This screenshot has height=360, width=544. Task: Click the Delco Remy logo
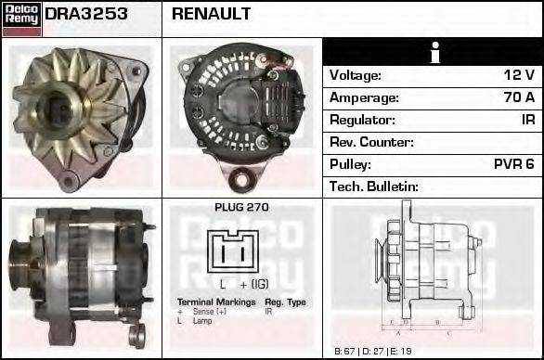(x=21, y=18)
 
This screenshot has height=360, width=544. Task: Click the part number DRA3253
(x=86, y=15)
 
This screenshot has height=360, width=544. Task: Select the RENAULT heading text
(x=212, y=15)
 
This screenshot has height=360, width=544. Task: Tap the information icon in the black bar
(x=433, y=52)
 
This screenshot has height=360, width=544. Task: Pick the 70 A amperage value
(x=516, y=97)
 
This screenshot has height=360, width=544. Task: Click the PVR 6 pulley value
(x=513, y=164)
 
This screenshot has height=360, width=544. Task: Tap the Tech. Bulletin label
(x=375, y=186)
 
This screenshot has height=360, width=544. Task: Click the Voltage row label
(x=356, y=75)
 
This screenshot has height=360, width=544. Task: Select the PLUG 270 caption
(x=241, y=208)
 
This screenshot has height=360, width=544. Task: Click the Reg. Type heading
(x=286, y=302)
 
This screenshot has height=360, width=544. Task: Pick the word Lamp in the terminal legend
(x=201, y=321)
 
